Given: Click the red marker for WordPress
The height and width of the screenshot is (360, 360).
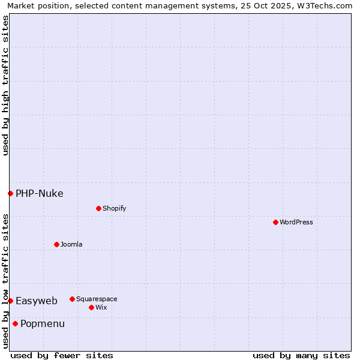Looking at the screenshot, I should click(275, 222).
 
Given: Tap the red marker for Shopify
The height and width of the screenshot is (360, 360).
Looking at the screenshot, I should click(98, 208).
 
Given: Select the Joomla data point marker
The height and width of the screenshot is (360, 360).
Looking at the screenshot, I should click(56, 244).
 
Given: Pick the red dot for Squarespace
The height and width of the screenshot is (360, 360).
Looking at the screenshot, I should click(72, 299).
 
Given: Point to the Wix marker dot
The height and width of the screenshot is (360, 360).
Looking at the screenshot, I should click(91, 307).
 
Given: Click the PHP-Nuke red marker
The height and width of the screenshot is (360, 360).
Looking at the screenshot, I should click(10, 193).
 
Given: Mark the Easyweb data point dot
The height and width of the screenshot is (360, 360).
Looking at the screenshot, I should click(10, 301).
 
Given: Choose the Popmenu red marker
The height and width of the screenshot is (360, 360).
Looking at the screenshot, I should click(15, 324).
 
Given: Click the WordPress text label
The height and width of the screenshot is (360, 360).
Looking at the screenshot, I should click(296, 222).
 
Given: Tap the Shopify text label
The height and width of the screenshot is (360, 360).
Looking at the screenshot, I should click(114, 208).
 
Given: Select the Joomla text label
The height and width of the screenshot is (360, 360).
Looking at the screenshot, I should click(71, 244).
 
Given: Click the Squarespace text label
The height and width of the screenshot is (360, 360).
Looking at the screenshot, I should click(97, 299).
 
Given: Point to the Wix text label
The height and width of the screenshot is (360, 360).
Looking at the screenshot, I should click(101, 307).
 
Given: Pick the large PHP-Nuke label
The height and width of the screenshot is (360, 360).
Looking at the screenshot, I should click(40, 193).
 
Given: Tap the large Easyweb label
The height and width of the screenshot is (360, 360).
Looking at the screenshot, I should click(37, 301).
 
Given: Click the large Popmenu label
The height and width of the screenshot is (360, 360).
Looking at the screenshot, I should click(43, 324).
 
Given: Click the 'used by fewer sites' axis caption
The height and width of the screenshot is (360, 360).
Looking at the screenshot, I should click(62, 355).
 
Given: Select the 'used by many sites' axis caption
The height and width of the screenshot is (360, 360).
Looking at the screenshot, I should click(301, 355).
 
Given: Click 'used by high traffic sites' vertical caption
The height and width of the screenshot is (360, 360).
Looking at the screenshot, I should click(5, 85).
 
